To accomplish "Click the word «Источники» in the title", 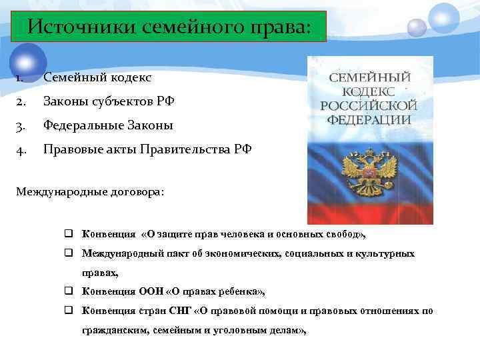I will coord(79,27).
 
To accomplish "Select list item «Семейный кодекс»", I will coord(97,78).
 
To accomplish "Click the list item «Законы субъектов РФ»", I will coord(109,101).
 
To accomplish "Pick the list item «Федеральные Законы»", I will coord(108,125).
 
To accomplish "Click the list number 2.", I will coord(21,101).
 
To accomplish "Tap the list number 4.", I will coord(21,149).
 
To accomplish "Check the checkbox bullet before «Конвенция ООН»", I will coord(69,291).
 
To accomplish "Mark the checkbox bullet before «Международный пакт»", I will coord(69,253).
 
